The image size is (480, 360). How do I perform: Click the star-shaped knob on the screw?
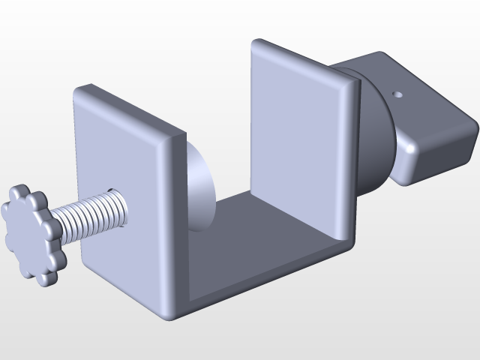32,234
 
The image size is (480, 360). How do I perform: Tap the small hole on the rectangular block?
397,95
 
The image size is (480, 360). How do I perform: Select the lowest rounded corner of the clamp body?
169,315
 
